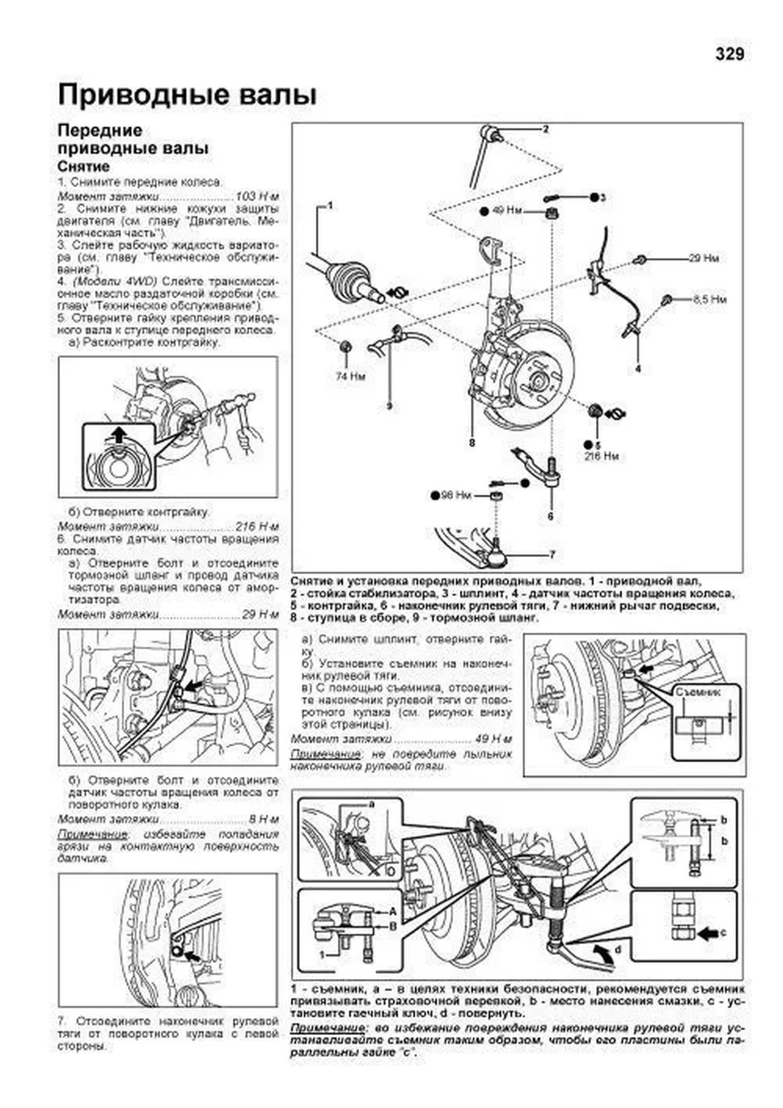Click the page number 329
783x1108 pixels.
click(729, 54)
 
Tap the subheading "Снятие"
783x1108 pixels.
click(84, 166)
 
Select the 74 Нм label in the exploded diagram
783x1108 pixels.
click(350, 377)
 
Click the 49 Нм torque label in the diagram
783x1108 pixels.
click(507, 211)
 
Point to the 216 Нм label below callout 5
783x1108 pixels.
click(601, 456)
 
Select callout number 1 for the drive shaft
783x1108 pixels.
click(329, 206)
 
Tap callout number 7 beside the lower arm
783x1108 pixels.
click(552, 555)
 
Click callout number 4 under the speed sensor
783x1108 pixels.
click(638, 368)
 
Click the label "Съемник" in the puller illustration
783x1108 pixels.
click(697, 692)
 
